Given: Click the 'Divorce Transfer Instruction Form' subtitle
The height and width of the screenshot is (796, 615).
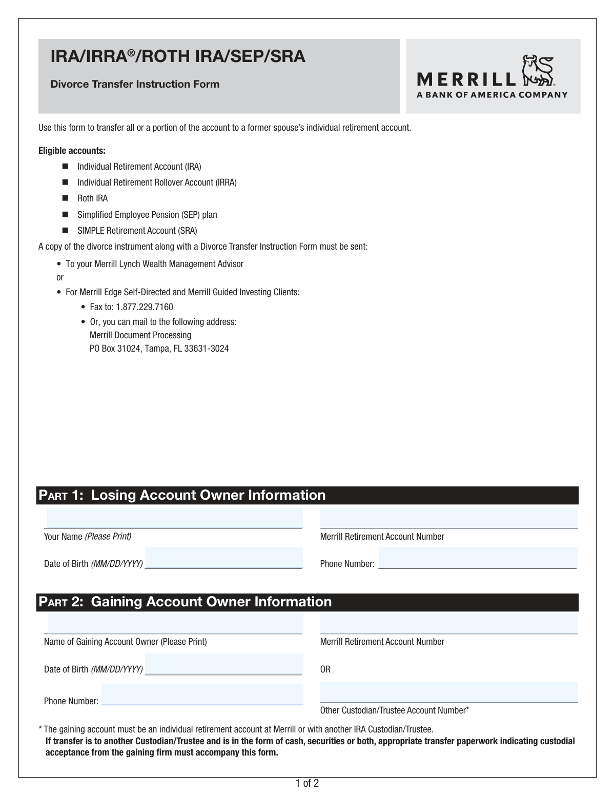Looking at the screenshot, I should point(135,84).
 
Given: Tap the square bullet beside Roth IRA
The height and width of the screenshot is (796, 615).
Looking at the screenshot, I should point(65,198).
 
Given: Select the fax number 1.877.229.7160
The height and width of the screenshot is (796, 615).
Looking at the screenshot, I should point(145,307).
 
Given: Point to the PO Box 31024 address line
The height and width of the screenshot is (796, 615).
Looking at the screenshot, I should point(159,349).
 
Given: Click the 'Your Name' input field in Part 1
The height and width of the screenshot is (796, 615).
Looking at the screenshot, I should point(174,518).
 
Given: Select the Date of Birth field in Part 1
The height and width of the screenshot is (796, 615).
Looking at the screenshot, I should point(224,558).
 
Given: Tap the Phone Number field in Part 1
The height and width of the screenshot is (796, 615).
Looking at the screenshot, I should point(478,558).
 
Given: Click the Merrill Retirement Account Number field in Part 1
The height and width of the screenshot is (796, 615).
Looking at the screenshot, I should point(448,518).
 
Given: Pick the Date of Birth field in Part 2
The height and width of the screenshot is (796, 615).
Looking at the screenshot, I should point(224,664).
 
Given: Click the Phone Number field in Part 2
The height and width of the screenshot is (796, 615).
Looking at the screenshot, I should point(202,695).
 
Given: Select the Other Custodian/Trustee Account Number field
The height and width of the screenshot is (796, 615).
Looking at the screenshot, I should point(448,692).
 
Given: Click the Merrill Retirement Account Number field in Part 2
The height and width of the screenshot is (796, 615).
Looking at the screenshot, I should point(448,624).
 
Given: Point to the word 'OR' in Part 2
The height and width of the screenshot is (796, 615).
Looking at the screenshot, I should point(325,669).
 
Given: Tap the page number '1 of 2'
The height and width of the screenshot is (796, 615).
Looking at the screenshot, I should point(307,783).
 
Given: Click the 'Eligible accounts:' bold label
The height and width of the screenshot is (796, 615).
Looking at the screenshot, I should point(72,151).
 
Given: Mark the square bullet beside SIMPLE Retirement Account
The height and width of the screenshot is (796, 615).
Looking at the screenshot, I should point(65,231).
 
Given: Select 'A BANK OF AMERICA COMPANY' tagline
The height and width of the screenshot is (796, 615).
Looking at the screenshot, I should point(492,94).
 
